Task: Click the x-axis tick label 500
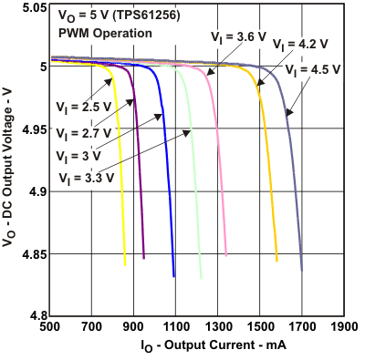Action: click(x=50, y=325)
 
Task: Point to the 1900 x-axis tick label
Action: click(x=343, y=325)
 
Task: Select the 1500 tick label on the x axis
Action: click(x=259, y=325)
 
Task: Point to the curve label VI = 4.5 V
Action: click(x=313, y=69)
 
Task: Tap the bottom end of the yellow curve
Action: click(x=125, y=263)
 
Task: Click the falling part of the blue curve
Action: click(x=169, y=182)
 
